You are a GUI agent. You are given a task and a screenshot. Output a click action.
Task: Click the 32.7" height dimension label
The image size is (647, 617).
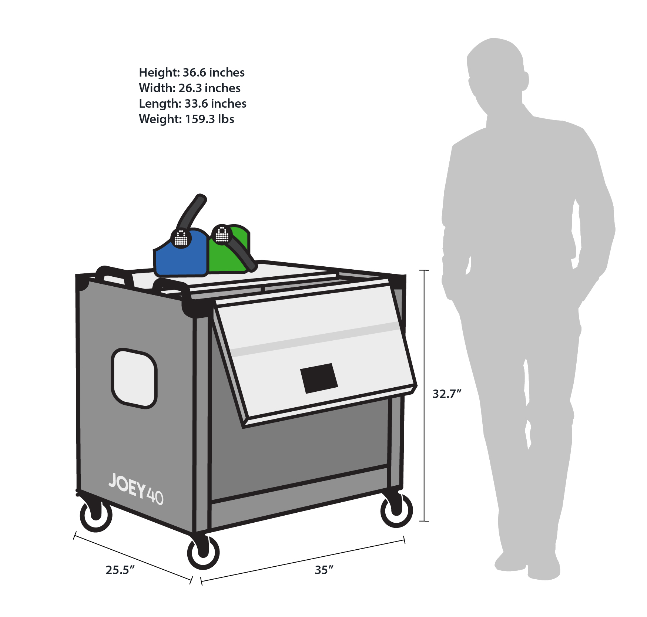pyautogui.click(x=447, y=394)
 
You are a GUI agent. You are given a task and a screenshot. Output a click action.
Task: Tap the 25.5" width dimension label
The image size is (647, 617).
pyautogui.click(x=120, y=570)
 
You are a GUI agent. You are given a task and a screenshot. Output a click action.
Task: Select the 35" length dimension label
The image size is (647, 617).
pyautogui.click(x=324, y=570)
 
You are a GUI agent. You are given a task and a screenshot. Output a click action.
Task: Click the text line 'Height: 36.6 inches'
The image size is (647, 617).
pyautogui.click(x=192, y=72)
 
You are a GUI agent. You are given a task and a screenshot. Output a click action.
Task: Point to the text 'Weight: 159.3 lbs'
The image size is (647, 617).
pyautogui.click(x=187, y=119)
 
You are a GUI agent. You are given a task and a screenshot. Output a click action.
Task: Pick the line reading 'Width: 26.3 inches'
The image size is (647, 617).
pyautogui.click(x=190, y=88)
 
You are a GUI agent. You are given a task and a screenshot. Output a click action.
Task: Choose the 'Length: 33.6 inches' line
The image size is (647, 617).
pyautogui.click(x=192, y=103)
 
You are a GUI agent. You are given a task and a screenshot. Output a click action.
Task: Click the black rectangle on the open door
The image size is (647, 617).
pyautogui.click(x=319, y=378)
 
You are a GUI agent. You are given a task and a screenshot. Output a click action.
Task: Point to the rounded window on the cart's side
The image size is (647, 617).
pyautogui.click(x=134, y=378)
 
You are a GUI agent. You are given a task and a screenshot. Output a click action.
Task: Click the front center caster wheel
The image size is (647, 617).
pyautogui.click(x=203, y=552)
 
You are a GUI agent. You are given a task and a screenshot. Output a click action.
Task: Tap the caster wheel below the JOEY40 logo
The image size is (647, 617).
pyautogui.click(x=96, y=515)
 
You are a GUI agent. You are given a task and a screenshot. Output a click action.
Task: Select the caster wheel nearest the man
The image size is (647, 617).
pyautogui.click(x=397, y=510)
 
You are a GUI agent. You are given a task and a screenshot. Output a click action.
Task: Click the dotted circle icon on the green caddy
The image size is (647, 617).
pyautogui.click(x=222, y=235)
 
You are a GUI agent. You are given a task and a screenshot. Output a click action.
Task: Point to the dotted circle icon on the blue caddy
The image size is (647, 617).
pyautogui.click(x=181, y=238)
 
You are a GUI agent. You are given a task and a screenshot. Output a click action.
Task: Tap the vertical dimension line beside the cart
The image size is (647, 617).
pyautogui.click(x=424, y=395)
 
